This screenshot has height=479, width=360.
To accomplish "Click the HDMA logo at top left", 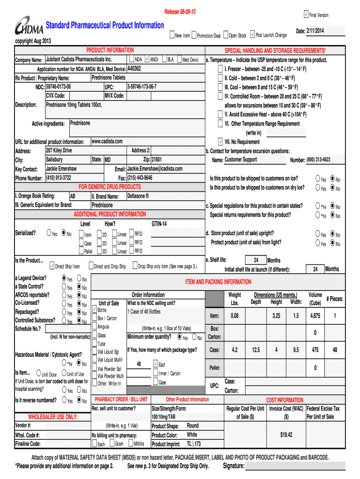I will coord(29,28).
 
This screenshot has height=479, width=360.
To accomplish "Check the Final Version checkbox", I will coord(306,14).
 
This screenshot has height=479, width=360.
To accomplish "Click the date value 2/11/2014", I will coord(316,31).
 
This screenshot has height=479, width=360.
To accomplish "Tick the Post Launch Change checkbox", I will coord(252,35).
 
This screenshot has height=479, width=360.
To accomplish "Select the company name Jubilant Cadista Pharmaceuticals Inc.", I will coord(79,60).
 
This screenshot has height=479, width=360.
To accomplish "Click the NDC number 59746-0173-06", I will coord(58,87).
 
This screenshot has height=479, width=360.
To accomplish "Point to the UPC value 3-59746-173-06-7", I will coord(142,87).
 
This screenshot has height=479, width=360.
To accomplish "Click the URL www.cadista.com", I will coord(107,141).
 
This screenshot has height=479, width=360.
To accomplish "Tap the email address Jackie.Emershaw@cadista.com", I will coord(155,168).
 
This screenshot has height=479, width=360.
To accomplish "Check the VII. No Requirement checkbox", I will coord(220,142).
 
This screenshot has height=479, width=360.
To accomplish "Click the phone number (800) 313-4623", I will coord(318,160).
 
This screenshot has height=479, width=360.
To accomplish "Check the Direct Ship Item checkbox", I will coord(52,266).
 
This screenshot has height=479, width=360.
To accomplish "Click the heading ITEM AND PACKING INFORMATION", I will coord(218,282).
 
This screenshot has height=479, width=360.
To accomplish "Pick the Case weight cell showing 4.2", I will coord(235,350).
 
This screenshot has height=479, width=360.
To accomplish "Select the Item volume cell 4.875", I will coord(315,316).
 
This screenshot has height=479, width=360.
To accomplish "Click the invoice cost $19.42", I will coord(286,435).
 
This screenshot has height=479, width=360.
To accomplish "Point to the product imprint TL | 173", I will coord(194,443).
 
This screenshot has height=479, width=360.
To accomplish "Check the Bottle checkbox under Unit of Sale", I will coord(95,310).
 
